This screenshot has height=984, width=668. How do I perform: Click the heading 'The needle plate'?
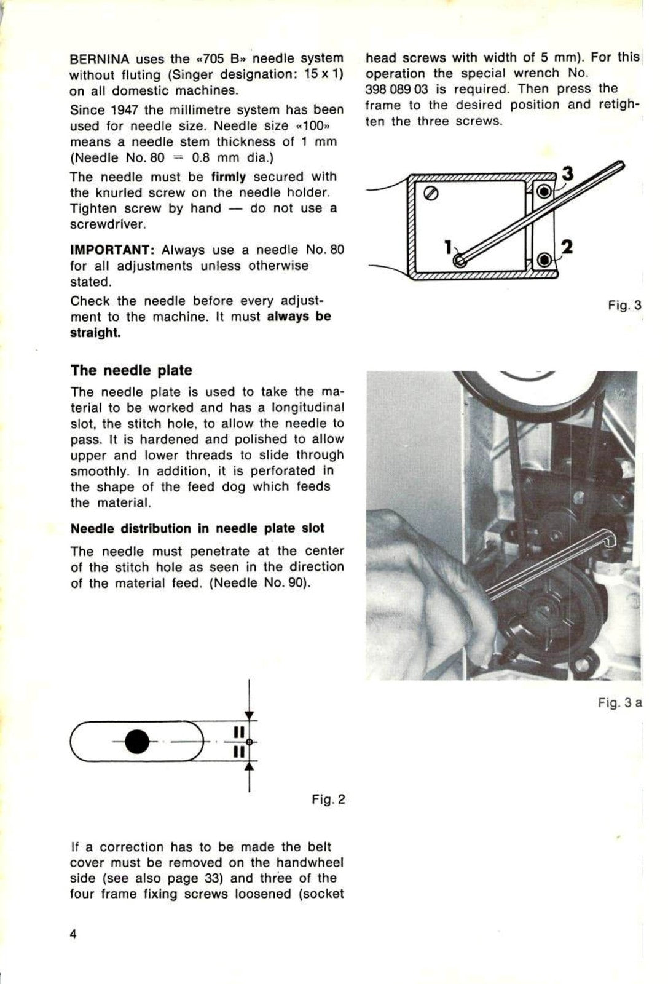pos(131,370)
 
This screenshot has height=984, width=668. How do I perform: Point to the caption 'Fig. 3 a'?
pos(619,702)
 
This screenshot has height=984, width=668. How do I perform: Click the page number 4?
pos(74,935)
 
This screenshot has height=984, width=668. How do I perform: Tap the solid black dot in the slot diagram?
pos(136,742)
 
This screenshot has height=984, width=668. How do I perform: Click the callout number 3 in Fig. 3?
pos(567,174)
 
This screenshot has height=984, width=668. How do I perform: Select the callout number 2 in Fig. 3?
pos(567,247)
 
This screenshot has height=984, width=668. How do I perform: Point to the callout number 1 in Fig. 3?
pos(449,247)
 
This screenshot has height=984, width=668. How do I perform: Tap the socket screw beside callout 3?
pos(544,192)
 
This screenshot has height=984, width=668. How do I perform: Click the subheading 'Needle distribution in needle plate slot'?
pos(197,529)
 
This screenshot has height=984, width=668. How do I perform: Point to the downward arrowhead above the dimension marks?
pos(249,715)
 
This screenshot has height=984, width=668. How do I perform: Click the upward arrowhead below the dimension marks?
pos(249,766)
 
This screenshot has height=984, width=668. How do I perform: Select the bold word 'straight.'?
pos(95,333)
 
